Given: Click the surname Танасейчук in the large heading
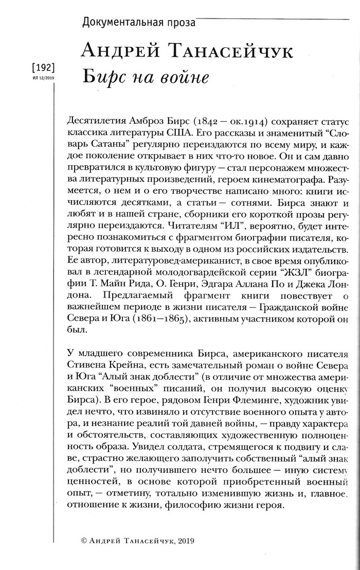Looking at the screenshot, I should (x=232, y=52).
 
